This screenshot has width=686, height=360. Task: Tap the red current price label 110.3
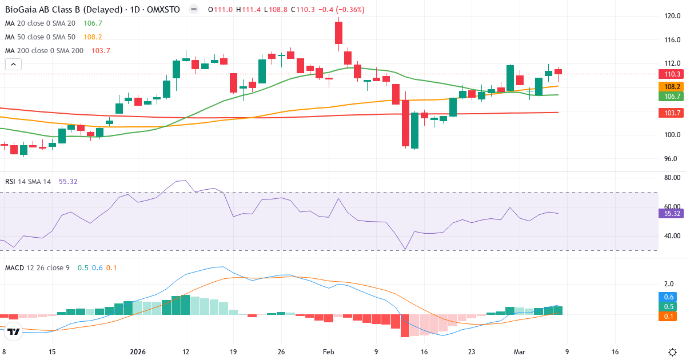pos(671,74)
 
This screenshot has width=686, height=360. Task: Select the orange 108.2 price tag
pos(671,86)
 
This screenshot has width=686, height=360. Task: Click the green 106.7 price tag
pos(671,96)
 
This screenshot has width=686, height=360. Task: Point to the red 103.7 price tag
pos(671,114)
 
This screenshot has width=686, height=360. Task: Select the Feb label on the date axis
pos(328,352)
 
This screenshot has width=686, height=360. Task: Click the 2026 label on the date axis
pos(138,352)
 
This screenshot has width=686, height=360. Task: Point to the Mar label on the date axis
pos(520,352)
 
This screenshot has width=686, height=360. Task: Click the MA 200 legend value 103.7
pos(101,50)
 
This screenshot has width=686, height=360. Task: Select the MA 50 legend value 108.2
pos(93,37)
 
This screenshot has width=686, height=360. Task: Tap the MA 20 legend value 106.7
pos(93,23)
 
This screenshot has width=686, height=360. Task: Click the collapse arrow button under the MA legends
pos(13,64)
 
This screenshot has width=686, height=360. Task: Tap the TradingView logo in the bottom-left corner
pos(14,331)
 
